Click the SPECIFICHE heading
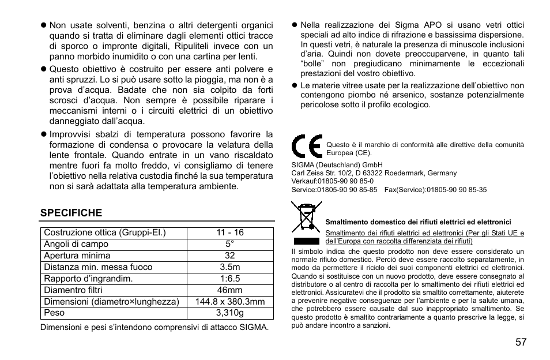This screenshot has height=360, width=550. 71,212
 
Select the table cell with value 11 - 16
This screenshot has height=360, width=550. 230,232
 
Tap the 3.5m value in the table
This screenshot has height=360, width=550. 230,267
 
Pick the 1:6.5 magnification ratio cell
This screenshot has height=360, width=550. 230,279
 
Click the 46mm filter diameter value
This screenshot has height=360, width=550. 230,290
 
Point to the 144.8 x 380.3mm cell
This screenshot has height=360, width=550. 230,302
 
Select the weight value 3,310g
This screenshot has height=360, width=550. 230,313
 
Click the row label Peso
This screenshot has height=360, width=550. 55,313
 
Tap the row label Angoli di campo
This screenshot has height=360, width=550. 76,244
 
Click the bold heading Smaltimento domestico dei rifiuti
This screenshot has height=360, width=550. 418,222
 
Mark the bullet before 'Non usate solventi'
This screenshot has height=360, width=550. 42,25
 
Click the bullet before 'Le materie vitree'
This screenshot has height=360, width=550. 293,85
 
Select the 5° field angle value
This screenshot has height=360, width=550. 230,244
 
